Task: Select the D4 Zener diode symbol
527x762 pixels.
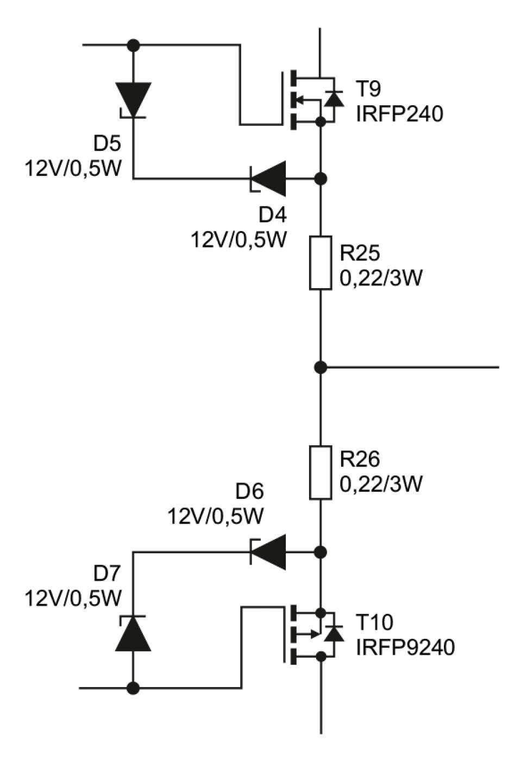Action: point(268,177)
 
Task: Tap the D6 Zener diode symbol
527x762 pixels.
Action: point(268,552)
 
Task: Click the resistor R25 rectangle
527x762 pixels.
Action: point(321,263)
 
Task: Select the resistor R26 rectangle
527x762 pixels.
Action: point(321,472)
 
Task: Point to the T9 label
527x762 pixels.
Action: point(369,88)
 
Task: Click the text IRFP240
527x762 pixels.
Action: point(399,114)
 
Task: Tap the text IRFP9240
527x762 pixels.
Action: point(405,647)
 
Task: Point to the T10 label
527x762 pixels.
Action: point(374,622)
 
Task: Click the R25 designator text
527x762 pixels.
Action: point(360,253)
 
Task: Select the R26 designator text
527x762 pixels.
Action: point(360,459)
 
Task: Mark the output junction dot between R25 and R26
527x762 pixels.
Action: point(321,367)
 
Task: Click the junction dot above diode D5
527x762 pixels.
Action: point(133,45)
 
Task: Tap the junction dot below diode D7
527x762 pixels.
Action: point(133,688)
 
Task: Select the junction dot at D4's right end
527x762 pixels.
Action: point(321,177)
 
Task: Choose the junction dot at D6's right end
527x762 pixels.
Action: point(321,552)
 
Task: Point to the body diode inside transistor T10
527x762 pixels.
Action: point(333,633)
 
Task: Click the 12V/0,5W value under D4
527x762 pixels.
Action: point(238,239)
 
